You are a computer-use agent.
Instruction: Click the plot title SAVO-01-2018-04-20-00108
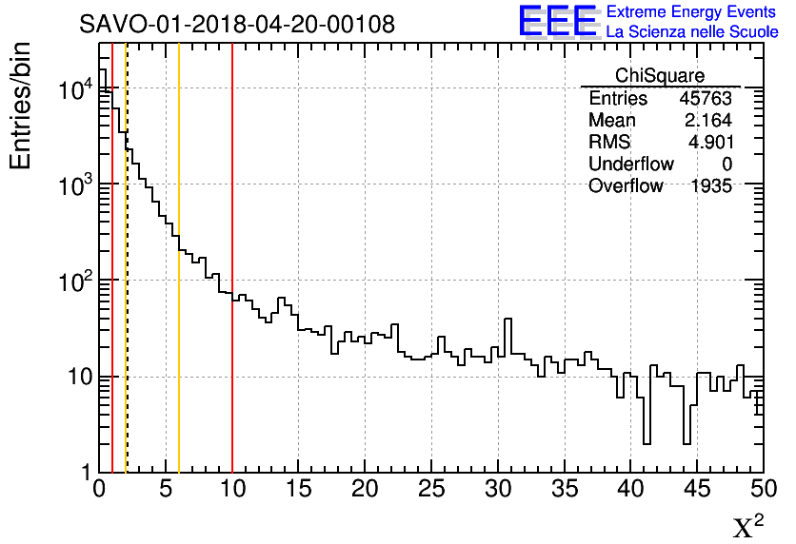tap(236, 24)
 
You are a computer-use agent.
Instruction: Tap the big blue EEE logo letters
tap(557, 22)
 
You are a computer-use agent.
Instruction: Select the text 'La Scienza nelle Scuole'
tap(692, 32)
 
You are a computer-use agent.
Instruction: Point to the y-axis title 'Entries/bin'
tap(20, 105)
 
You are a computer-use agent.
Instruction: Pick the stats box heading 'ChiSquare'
tap(660, 76)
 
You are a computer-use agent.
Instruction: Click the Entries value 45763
tap(706, 99)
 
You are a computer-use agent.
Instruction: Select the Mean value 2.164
tap(707, 121)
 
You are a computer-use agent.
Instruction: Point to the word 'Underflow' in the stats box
tap(630, 165)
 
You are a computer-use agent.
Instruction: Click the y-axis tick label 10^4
tap(75, 91)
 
